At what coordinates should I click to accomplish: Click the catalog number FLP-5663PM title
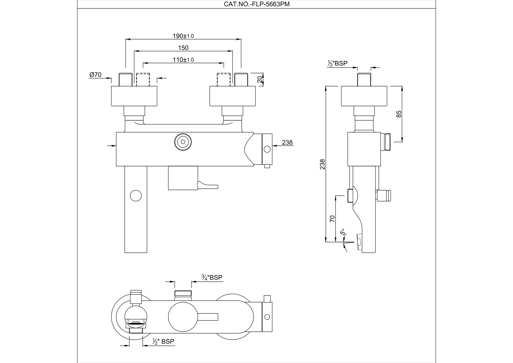[x=256, y=4]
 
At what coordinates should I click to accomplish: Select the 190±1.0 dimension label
[x=183, y=36]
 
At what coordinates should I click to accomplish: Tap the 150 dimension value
[x=183, y=48]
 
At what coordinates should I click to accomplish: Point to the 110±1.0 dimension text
[x=183, y=60]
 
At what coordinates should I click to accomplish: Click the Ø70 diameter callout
[x=95, y=75]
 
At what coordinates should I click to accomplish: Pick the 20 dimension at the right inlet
[x=260, y=80]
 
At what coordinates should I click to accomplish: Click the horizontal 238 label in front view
[x=287, y=142]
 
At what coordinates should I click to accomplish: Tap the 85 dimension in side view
[x=399, y=114]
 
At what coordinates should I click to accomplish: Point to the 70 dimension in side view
[x=332, y=218]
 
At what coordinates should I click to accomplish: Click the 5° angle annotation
[x=343, y=232]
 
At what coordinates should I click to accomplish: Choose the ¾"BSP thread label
[x=212, y=277]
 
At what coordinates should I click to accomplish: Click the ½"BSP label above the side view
[x=337, y=63]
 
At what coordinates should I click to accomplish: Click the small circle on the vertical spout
[x=136, y=196]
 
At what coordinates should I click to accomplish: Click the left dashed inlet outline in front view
[x=143, y=80]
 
